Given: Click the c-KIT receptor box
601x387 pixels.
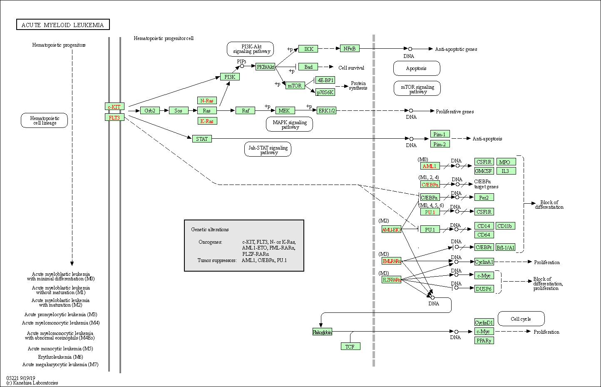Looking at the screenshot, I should click(x=114, y=107).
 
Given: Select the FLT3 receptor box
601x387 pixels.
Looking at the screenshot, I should click(x=114, y=117).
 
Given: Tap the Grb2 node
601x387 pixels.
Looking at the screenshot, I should click(x=150, y=110).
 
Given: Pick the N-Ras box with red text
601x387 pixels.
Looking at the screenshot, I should click(x=207, y=100).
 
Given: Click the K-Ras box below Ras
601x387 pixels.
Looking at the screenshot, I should click(x=207, y=121).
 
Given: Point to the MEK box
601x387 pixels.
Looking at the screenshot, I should click(x=285, y=110).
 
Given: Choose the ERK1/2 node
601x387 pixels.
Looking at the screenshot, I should click(x=326, y=110).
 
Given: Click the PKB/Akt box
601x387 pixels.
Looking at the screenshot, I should click(x=266, y=67).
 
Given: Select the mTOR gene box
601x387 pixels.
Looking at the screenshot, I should click(x=295, y=85).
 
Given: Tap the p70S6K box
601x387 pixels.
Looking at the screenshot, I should click(x=325, y=92).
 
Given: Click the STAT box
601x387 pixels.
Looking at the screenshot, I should click(x=202, y=139).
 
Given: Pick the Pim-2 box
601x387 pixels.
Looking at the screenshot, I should click(x=440, y=144).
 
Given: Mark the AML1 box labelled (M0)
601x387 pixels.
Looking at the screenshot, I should click(x=430, y=166).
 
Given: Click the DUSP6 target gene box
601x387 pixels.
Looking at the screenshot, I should click(x=484, y=289).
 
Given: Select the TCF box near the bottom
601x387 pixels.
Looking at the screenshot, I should click(x=350, y=346).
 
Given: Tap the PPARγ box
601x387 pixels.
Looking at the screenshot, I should click(x=484, y=340).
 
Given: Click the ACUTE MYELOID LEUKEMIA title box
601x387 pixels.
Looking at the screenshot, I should click(x=63, y=25).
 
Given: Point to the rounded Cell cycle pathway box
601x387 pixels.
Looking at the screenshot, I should click(x=521, y=319).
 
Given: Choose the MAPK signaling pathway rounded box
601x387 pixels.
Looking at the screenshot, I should click(x=290, y=124).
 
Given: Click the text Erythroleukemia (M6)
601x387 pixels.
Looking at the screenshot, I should click(x=60, y=357).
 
